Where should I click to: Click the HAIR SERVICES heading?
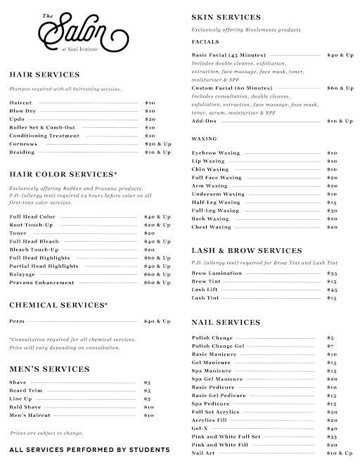(x=44, y=74)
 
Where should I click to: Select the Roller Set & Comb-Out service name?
(x=39, y=127)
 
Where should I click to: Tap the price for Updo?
(x=150, y=119)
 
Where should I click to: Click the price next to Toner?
(x=150, y=233)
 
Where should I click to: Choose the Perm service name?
(x=16, y=321)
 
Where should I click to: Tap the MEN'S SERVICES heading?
(x=49, y=368)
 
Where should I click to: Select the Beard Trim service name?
(x=27, y=390)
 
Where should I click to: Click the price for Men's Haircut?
(x=149, y=415)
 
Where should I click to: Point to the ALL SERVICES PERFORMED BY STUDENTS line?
(x=89, y=449)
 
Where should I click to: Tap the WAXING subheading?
(x=204, y=138)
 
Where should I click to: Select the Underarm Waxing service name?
(x=218, y=194)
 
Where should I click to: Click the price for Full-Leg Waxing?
(x=332, y=210)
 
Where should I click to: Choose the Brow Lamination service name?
(x=217, y=273)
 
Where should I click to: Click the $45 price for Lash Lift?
(x=332, y=290)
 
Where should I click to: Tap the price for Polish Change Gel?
(x=330, y=346)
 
